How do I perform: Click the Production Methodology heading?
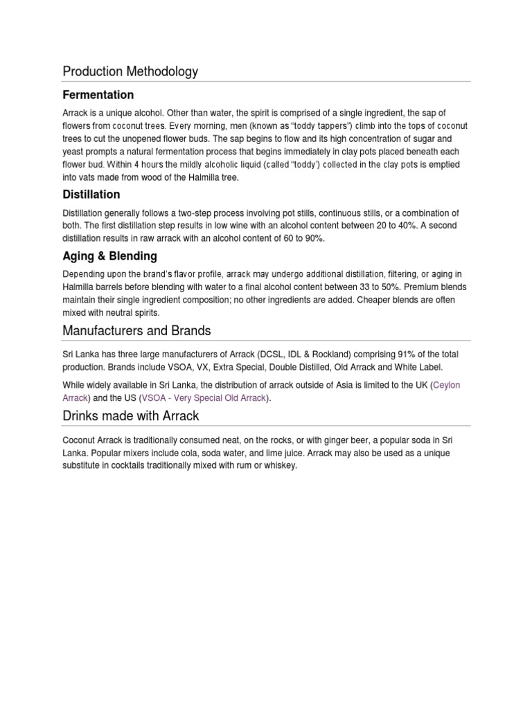tap(130, 71)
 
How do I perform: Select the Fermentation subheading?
tap(98, 95)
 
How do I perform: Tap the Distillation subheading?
tap(91, 195)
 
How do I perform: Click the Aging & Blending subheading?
tap(109, 256)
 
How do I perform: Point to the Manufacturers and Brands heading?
tap(136, 330)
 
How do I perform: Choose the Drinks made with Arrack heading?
tap(131, 415)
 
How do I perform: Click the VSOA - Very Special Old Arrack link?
tap(204, 398)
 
